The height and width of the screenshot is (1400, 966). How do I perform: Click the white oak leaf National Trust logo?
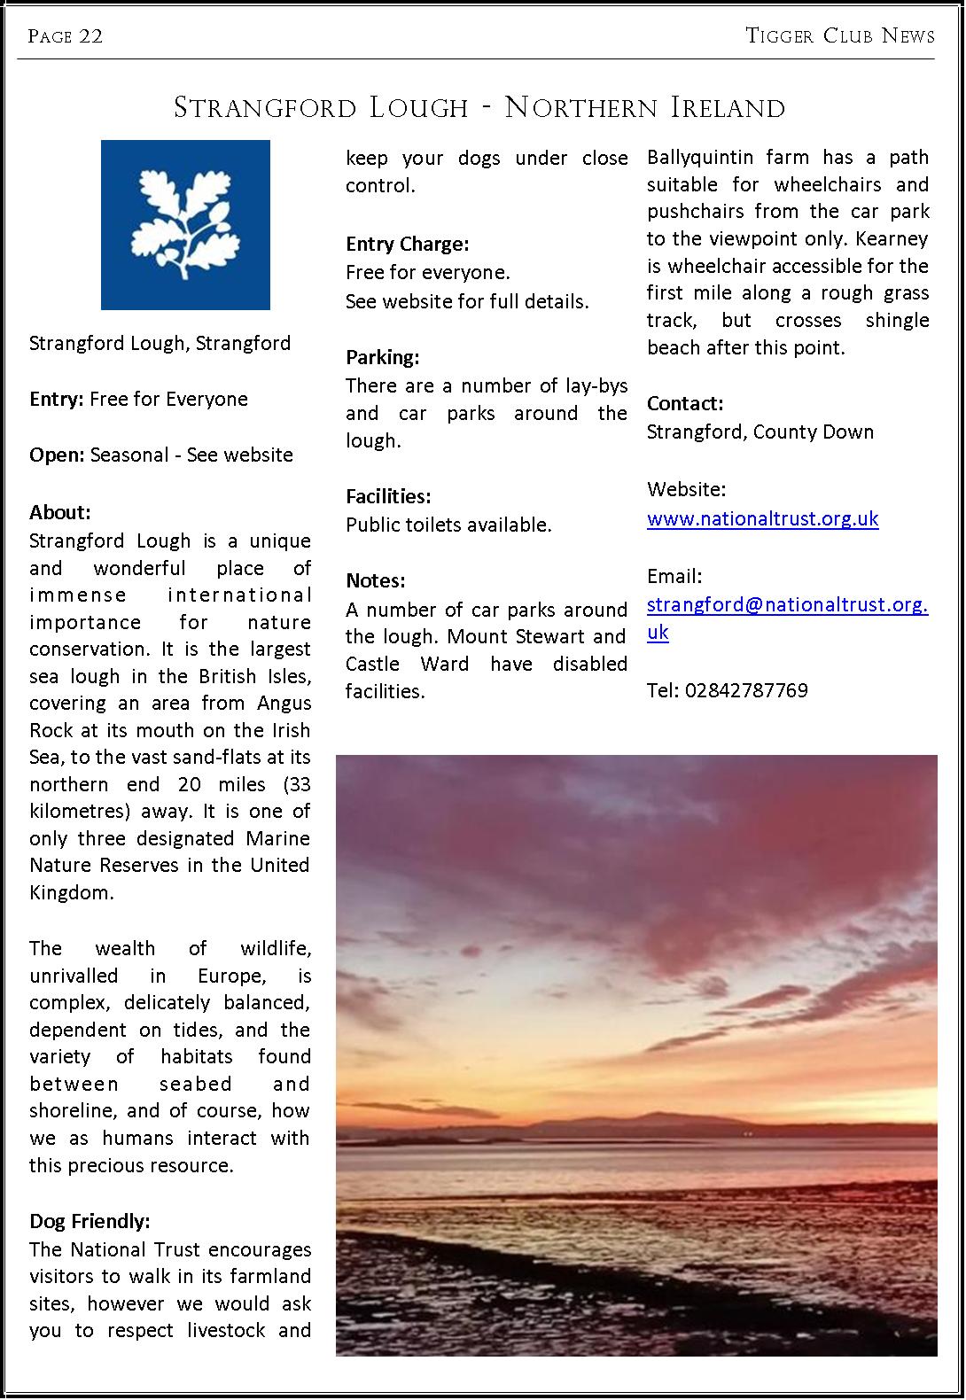coord(185,225)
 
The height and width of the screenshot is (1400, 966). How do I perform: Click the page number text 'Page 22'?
coord(66,36)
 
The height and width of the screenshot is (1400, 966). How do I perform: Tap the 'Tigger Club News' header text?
coord(839,36)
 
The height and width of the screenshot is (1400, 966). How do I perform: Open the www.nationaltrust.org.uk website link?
coord(762,518)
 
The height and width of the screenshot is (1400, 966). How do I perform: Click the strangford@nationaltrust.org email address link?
coord(787,605)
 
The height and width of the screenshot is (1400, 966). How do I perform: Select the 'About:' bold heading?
coord(60,512)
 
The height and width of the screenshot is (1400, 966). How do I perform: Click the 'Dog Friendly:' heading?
coord(90,1221)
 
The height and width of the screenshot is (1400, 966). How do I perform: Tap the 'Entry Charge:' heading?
coord(407,244)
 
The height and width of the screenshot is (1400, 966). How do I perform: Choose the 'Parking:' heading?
coord(382,357)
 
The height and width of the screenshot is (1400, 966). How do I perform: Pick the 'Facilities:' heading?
coord(388,496)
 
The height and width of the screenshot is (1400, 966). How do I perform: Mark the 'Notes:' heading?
coord(375,580)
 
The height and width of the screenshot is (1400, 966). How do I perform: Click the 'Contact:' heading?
coord(685,403)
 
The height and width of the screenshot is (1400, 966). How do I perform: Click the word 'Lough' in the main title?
coord(418,108)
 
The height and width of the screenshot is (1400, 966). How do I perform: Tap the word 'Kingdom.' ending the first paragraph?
coord(71,892)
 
